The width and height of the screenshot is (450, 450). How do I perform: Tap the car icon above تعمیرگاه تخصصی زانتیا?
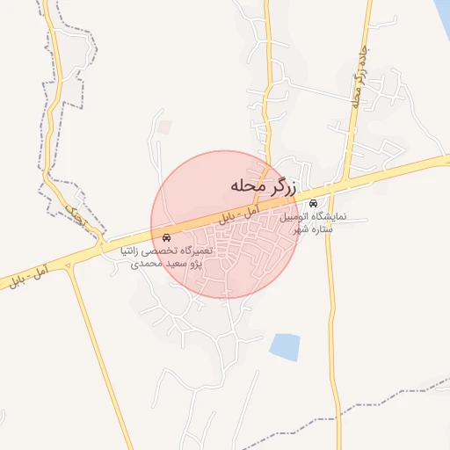point(167,238)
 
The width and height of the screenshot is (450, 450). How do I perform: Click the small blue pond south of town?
point(285,347)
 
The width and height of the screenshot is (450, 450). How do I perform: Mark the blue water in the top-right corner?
point(441,18)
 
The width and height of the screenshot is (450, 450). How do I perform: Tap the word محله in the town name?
point(247,186)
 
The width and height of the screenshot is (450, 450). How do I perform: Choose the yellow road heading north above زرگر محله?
point(267,88)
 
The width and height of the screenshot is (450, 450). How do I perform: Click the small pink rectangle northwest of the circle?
point(166,128)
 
